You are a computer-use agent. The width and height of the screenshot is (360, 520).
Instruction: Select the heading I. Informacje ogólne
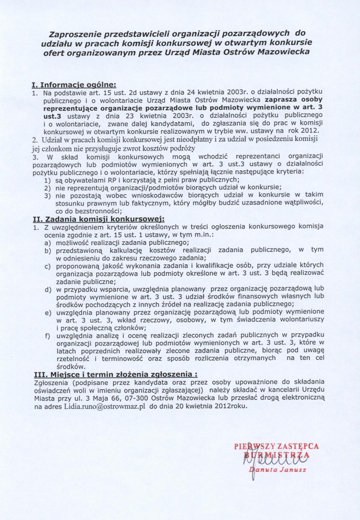pos(74,84)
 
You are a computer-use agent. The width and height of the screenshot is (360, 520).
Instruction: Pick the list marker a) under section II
pos(47,243)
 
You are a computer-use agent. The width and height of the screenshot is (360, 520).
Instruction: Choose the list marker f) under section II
pos(47,336)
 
